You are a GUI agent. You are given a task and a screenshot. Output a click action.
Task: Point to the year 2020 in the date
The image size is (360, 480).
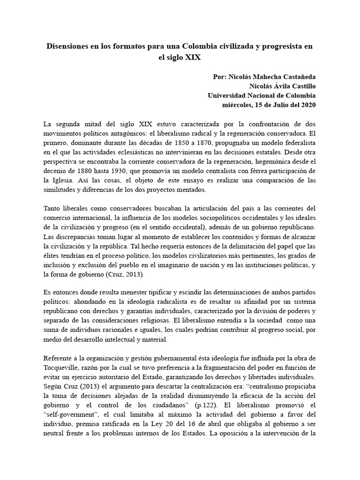pos(308,105)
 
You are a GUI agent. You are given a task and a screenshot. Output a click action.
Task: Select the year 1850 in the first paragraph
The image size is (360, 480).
pos(186,142)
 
